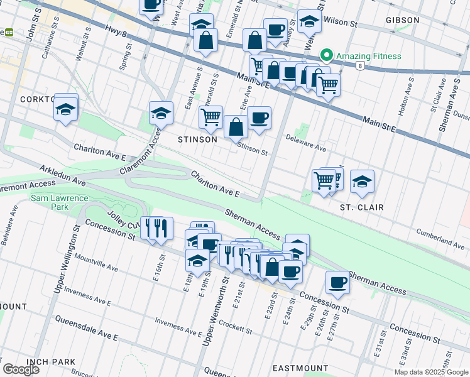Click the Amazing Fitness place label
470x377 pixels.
click(368, 56)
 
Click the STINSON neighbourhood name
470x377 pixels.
click(197, 139)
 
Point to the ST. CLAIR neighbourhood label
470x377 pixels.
click(361, 207)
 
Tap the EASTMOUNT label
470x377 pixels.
click(300, 368)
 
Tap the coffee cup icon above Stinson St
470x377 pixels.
click(258, 118)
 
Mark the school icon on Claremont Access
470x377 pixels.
click(161, 114)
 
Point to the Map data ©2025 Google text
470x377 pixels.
click(431, 372)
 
